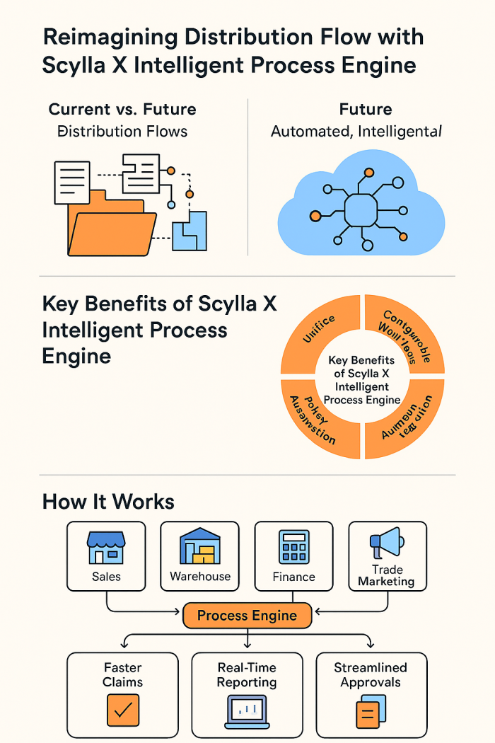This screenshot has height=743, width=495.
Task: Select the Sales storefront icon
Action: (106, 548)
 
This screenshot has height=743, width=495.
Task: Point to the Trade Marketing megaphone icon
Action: (386, 543)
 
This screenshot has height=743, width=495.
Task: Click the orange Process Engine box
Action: (247, 616)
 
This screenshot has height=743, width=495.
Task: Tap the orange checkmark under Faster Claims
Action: (123, 710)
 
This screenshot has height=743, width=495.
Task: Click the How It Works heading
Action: (108, 502)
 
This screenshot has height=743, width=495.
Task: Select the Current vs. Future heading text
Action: (122, 110)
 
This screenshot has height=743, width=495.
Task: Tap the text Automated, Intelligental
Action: (356, 131)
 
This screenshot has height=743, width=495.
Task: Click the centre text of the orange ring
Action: (362, 379)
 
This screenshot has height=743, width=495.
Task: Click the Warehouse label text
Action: (200, 577)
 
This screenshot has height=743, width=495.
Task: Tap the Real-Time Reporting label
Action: (247, 674)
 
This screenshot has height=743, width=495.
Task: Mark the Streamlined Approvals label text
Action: (371, 674)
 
